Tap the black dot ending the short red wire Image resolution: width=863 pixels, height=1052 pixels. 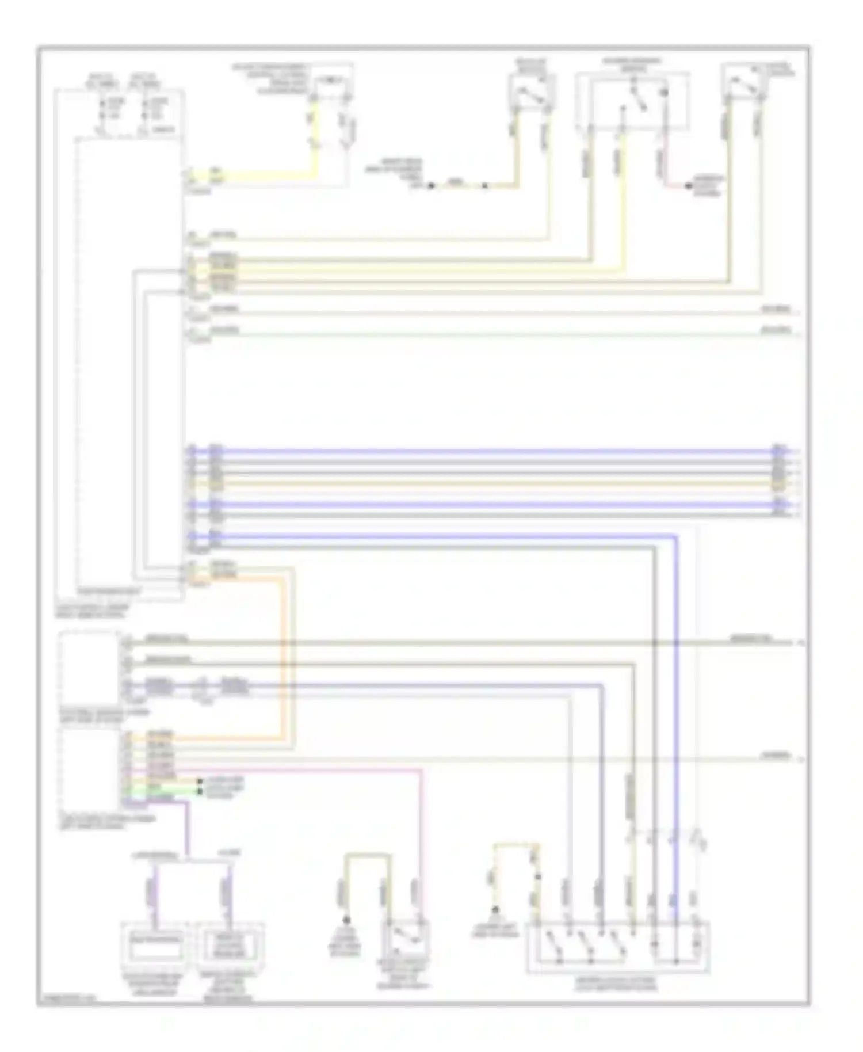(688, 186)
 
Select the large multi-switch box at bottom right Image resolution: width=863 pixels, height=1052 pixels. (618, 947)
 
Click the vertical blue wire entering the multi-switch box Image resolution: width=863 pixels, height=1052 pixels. (675, 719)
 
